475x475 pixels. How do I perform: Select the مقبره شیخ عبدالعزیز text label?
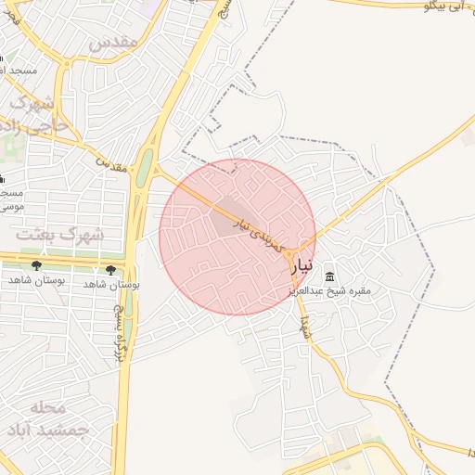(339, 291)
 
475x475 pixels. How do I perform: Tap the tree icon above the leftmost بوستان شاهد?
(36, 266)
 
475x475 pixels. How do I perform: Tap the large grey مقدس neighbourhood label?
(113, 43)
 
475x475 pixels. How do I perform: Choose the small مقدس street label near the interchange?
(110, 164)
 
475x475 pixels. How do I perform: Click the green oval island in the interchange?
(145, 167)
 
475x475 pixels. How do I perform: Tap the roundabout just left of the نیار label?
(289, 254)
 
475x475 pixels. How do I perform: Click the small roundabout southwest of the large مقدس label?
(66, 63)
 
